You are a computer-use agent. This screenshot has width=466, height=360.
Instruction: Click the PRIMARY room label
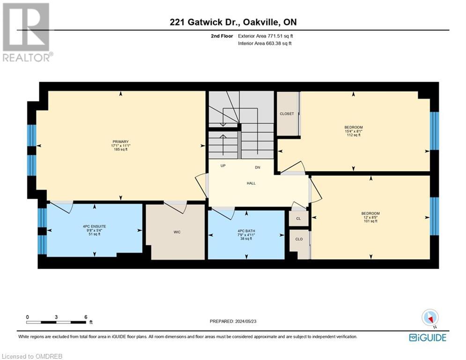[x=120, y=142]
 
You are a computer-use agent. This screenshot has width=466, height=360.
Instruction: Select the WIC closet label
[x=177, y=232]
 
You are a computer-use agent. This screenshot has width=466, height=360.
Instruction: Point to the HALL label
[x=251, y=183]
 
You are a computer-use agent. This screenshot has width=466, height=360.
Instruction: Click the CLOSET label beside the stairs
[x=287, y=114]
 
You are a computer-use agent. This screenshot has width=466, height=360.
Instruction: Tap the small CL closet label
[x=298, y=219]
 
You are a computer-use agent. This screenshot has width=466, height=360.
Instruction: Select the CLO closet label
[x=299, y=239]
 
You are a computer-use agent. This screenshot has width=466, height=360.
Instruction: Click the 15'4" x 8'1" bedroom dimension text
[x=354, y=131]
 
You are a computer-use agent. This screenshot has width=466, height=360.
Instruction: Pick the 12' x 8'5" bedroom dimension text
[x=370, y=217]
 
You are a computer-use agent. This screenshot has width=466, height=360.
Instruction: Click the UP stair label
[x=223, y=166]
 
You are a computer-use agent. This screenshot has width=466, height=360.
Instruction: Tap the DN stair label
[x=257, y=167]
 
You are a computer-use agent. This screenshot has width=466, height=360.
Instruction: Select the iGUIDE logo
[x=427, y=337]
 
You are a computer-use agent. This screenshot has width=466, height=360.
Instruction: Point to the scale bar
[x=56, y=322]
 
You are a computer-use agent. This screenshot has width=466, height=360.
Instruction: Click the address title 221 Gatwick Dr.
[x=233, y=22]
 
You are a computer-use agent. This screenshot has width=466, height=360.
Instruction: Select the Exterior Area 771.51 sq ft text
[x=266, y=36]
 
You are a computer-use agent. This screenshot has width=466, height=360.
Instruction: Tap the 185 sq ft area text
[x=120, y=150]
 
